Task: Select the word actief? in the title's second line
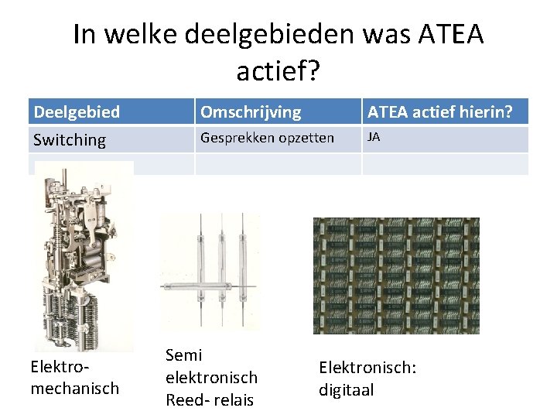tap(278, 73)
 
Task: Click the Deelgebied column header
tap(77, 112)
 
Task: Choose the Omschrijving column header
tap(251, 112)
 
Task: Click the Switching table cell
tap(70, 139)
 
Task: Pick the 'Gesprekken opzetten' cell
tap(268, 138)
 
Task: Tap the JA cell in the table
tap(374, 137)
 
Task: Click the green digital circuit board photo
tap(395, 275)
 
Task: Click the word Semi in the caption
tap(184, 355)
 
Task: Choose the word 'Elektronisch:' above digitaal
tap(367, 368)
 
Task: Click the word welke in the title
tap(141, 36)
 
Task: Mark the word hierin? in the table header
tap(484, 112)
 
